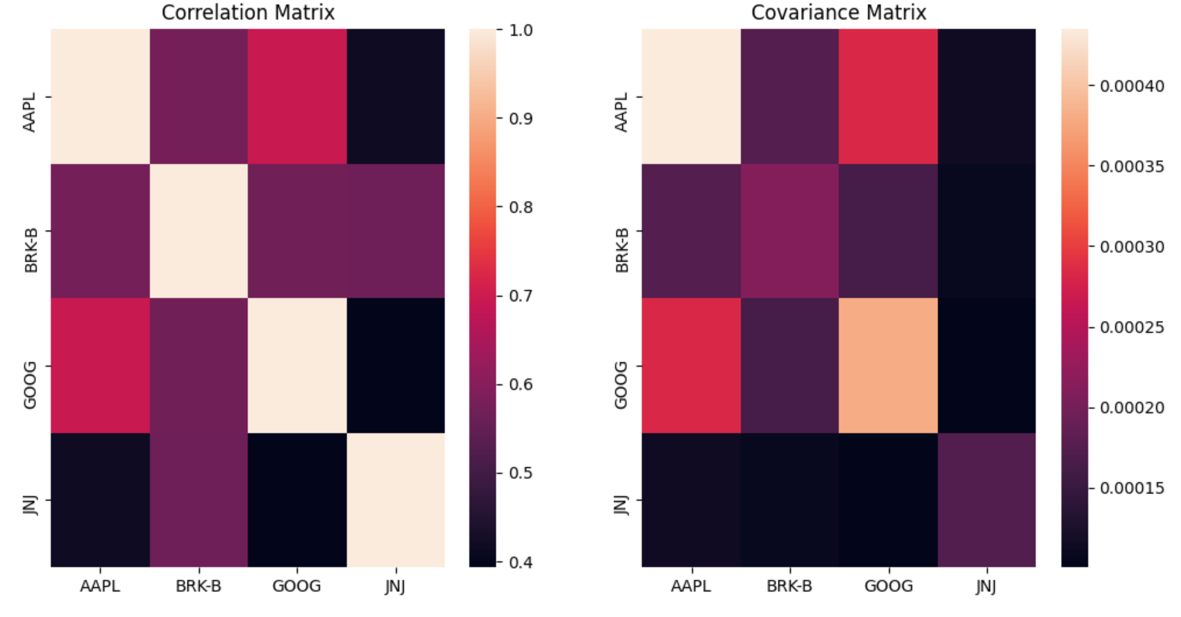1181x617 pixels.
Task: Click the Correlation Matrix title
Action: tap(248, 13)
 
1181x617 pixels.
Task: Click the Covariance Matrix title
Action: tap(838, 13)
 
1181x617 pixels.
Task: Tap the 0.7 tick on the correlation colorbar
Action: tap(520, 296)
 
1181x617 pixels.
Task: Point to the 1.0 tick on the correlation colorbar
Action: tap(520, 30)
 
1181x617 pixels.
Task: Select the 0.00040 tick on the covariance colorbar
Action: tap(1132, 86)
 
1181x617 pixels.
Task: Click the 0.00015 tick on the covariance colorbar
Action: tap(1132, 488)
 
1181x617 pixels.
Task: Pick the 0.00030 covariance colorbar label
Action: tap(1132, 247)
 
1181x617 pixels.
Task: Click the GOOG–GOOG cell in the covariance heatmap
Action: tap(888, 365)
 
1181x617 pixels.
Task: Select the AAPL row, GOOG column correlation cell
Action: tap(297, 96)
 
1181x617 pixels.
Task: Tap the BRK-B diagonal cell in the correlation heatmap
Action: tap(199, 231)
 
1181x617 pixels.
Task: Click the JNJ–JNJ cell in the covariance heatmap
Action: tap(987, 500)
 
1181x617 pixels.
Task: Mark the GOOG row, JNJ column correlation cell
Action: tap(395, 365)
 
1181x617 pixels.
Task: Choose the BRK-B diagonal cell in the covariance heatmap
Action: tap(789, 231)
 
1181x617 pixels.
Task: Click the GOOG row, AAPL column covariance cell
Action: tap(691, 365)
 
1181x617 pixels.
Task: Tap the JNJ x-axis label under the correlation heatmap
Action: tap(395, 586)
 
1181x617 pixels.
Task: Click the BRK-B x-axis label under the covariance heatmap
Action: tap(789, 586)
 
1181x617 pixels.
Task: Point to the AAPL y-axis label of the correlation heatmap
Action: tap(29, 112)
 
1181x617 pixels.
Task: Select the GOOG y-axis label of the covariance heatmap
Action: tap(621, 385)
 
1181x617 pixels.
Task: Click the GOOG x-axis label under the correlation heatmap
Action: tap(297, 586)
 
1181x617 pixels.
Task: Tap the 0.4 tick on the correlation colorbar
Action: tap(520, 562)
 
